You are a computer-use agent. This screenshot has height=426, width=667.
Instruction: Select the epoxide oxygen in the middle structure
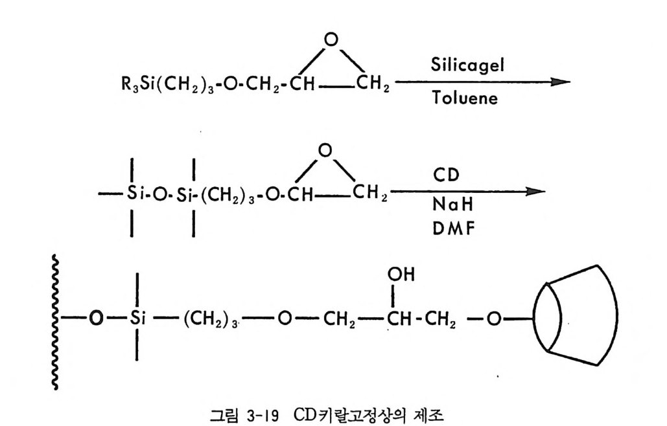point(326,151)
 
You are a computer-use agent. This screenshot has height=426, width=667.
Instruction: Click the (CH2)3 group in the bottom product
point(208,320)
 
